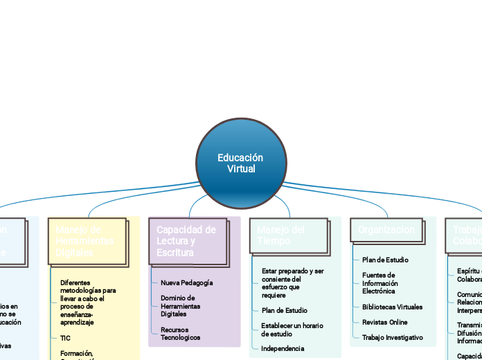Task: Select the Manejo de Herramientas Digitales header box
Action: tap(87, 241)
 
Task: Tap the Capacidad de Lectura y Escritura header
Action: tap(188, 241)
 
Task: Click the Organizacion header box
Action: tap(387, 230)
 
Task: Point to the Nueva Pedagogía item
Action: tap(186, 283)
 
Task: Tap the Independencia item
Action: tap(283, 348)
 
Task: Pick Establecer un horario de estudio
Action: tap(292, 330)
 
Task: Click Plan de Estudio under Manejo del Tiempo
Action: tap(285, 310)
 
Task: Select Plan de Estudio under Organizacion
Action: tap(385, 260)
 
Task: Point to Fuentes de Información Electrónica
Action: tap(380, 283)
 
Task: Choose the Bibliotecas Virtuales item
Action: tap(392, 307)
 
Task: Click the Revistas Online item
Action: tap(385, 322)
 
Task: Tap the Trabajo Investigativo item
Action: tap(392, 337)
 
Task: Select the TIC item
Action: tap(66, 338)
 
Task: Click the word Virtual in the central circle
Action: tap(241, 169)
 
